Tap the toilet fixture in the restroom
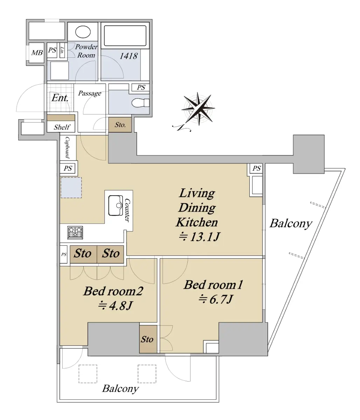click(140, 103)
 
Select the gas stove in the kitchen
click(75, 232)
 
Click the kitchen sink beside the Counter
click(116, 205)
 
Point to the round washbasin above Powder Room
click(83, 32)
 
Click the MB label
click(37, 53)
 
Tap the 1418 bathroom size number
click(129, 56)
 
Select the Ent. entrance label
click(60, 98)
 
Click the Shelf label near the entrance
click(62, 127)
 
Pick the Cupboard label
click(68, 147)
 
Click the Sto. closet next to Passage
click(120, 125)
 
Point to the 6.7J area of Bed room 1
click(215, 299)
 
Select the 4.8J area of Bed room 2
click(115, 306)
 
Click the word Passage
click(90, 93)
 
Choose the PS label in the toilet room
click(141, 87)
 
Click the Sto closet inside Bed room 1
click(148, 339)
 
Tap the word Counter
click(127, 210)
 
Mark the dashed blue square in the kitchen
click(71, 188)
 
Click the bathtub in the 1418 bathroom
click(125, 36)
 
